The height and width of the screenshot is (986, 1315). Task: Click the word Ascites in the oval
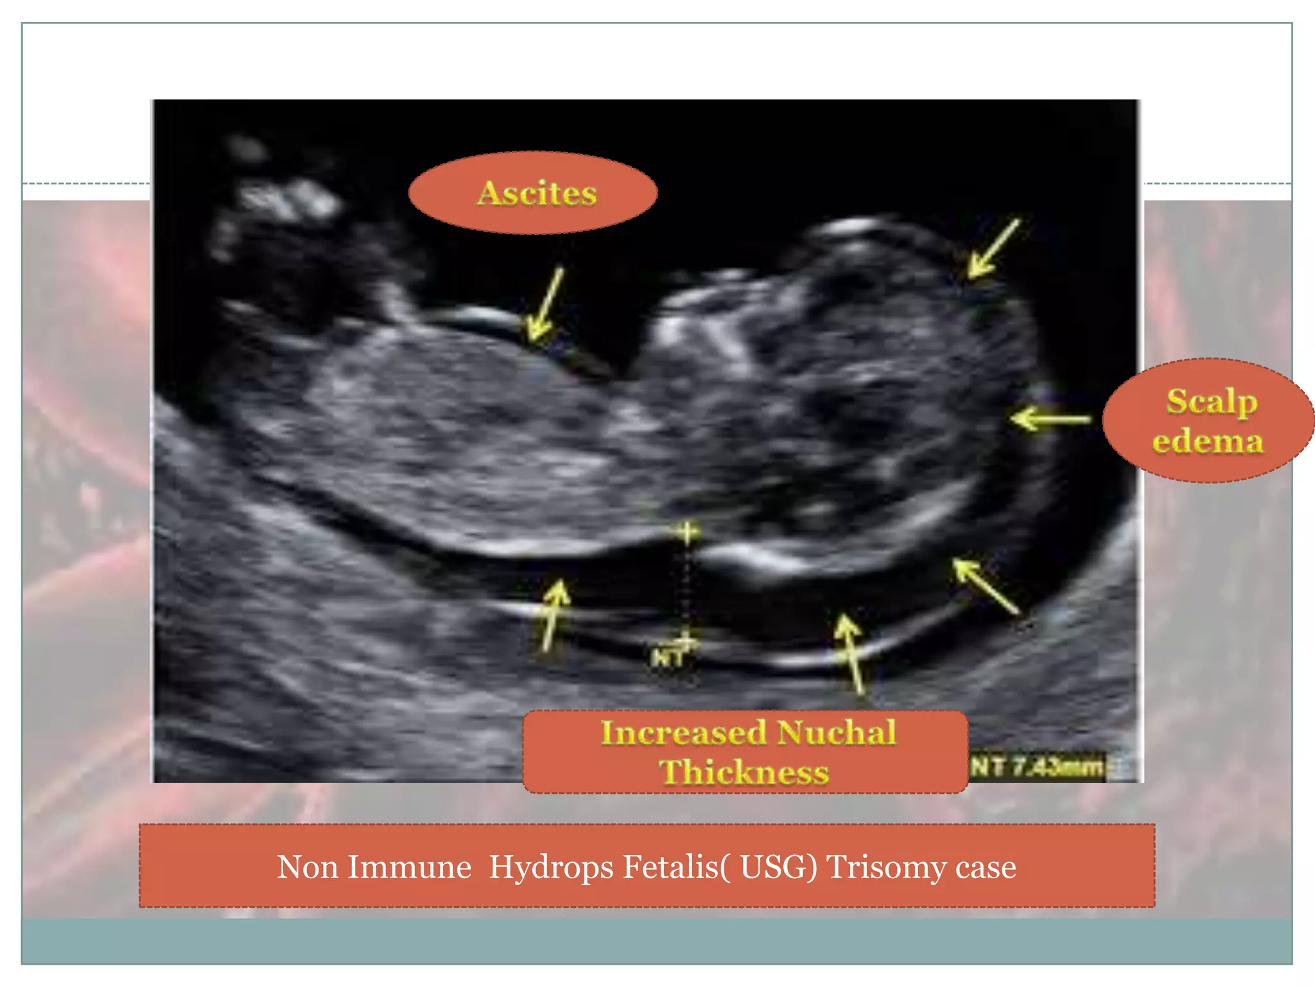pyautogui.click(x=537, y=193)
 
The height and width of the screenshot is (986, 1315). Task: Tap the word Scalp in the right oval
pyautogui.click(x=1212, y=402)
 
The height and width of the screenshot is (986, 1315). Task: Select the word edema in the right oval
pyautogui.click(x=1208, y=441)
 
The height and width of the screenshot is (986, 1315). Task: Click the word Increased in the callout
pyautogui.click(x=683, y=732)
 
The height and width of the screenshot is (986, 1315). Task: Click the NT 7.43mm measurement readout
pyautogui.click(x=1036, y=766)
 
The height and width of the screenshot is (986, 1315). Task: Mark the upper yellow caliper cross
pyautogui.click(x=687, y=532)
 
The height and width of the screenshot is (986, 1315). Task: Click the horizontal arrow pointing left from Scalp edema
pyautogui.click(x=1050, y=419)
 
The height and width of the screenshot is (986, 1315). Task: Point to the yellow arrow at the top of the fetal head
pyautogui.click(x=993, y=249)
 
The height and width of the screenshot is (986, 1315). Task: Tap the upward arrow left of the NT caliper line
pyautogui.click(x=553, y=615)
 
